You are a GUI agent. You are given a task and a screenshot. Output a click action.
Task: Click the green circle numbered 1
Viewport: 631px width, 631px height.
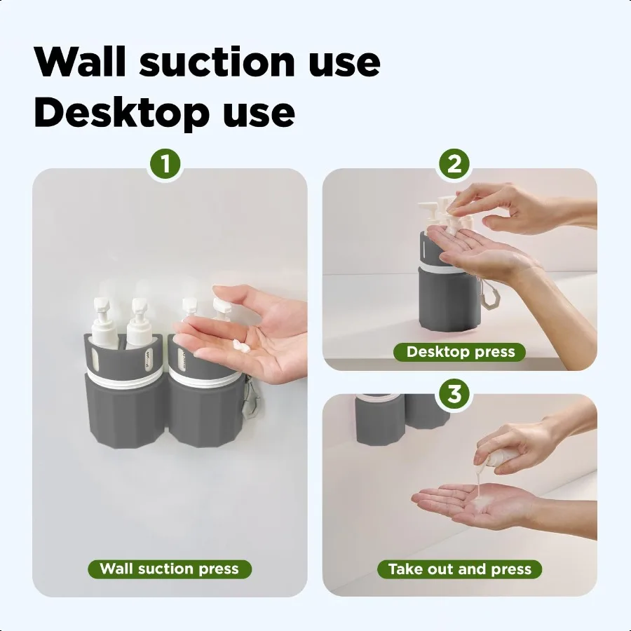coord(165,165)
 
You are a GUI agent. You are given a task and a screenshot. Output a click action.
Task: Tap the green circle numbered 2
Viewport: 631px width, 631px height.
coord(454,165)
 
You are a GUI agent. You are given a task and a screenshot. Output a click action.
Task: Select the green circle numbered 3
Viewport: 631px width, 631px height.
coord(454,394)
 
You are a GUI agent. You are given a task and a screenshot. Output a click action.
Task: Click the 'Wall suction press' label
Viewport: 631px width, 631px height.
coord(170,569)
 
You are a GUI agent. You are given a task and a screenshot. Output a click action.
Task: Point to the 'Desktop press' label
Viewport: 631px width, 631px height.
coord(461,352)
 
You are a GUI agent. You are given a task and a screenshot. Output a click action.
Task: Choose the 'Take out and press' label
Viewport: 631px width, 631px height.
coord(460,569)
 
